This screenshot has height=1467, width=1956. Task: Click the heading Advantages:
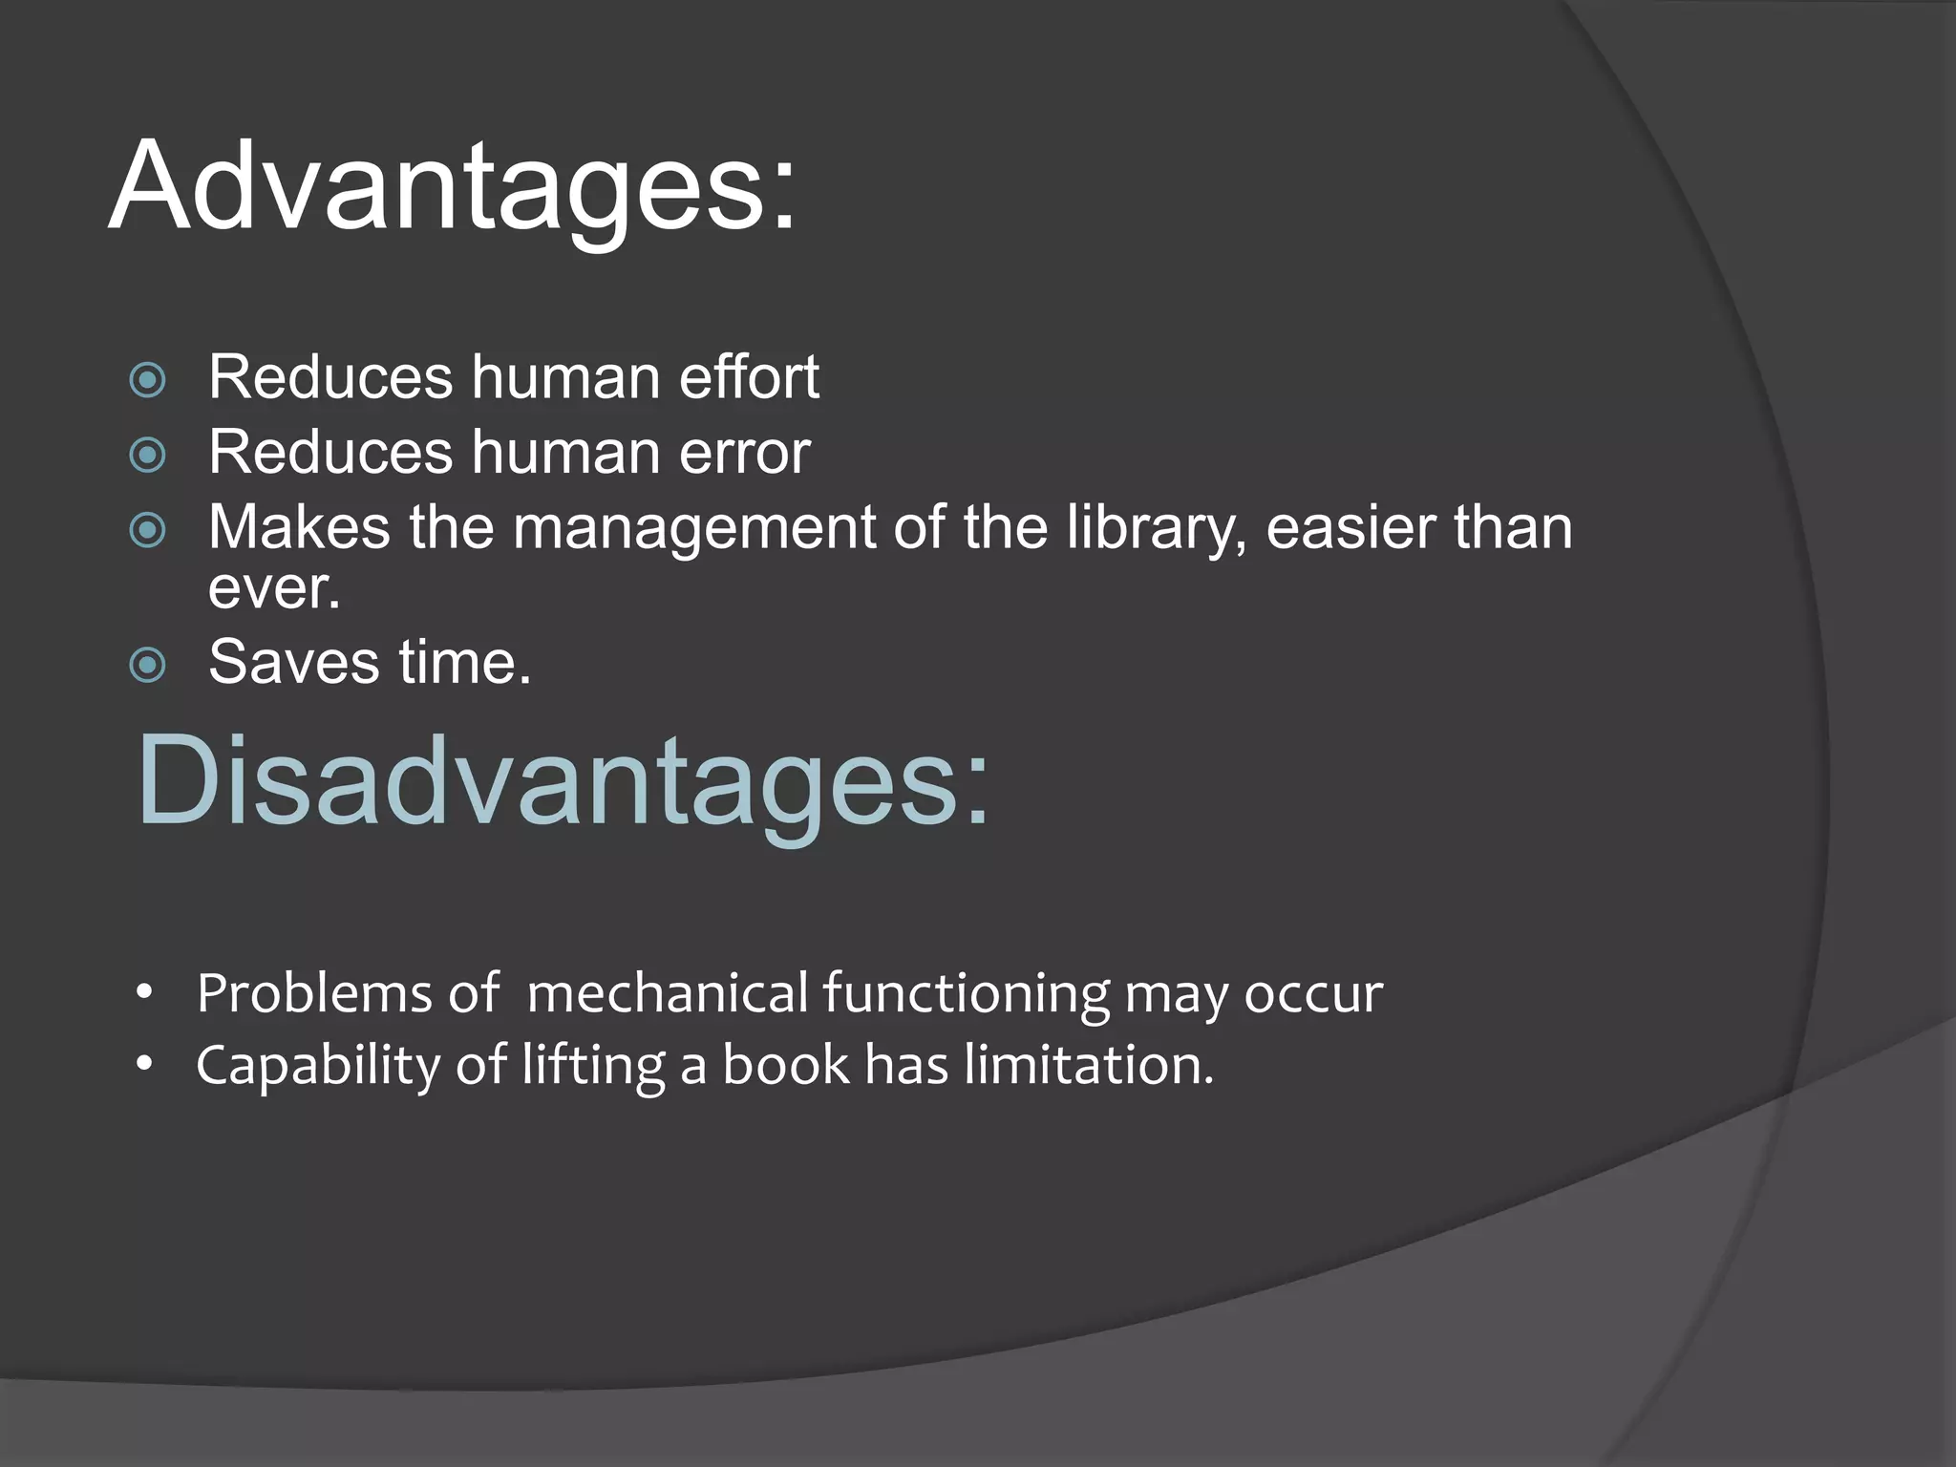452,186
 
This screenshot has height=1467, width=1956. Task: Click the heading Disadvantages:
563,781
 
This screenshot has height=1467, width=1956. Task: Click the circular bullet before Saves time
147,665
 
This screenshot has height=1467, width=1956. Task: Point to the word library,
1157,528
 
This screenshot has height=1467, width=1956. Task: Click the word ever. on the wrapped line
274,588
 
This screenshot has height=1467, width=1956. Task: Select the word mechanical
668,993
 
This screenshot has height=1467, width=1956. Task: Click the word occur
1313,995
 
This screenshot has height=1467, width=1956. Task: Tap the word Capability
317,1066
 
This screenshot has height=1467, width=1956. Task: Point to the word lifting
593,1066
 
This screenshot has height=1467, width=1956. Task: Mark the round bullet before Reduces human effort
147,380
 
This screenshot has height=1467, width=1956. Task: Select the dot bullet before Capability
144,1064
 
